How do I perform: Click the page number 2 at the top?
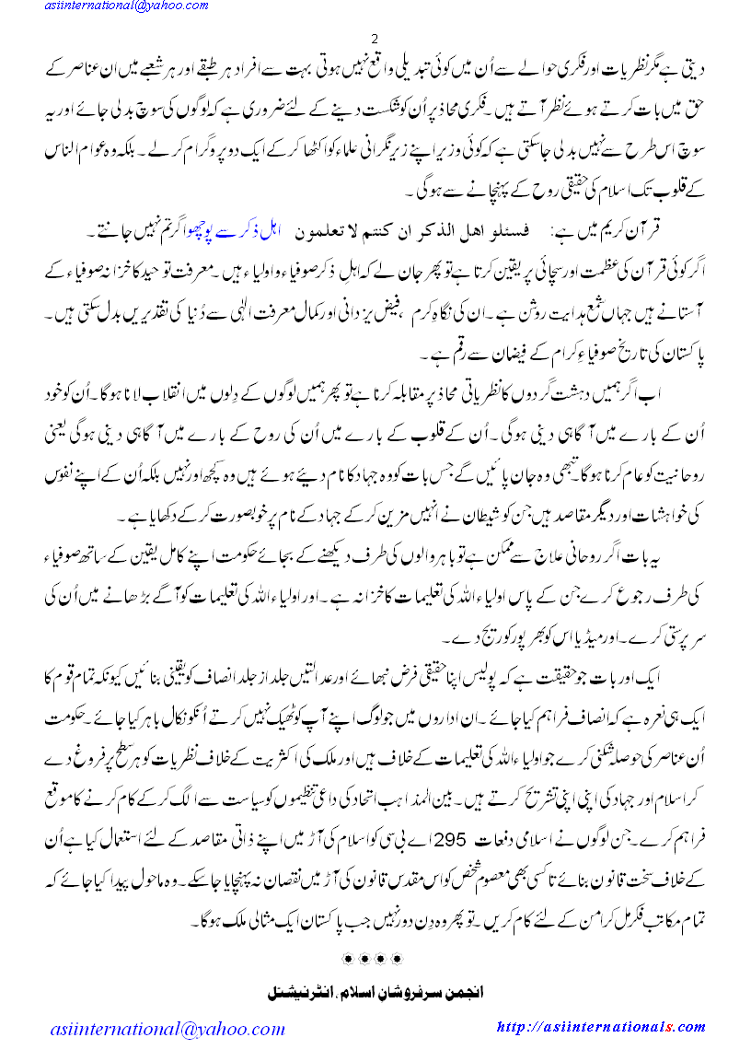[375, 39]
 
